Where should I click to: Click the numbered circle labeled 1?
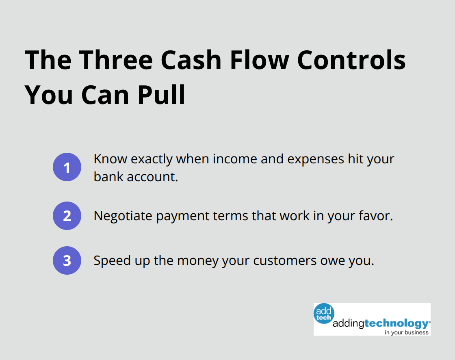67,167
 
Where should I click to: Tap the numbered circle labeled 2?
67,216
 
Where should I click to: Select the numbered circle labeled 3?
67,260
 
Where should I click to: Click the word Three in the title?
116,60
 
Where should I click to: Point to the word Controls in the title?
351,60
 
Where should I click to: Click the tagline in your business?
407,332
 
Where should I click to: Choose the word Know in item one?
107,159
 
